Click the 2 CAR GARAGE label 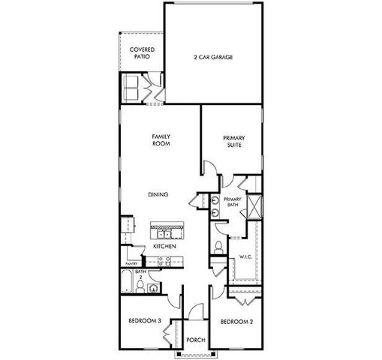pos(212,56)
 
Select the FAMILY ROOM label pos(161,141)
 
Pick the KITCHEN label pos(164,246)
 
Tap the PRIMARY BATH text pos(231,202)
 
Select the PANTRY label pos(132,264)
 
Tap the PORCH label pos(196,339)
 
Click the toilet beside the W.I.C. pos(218,247)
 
